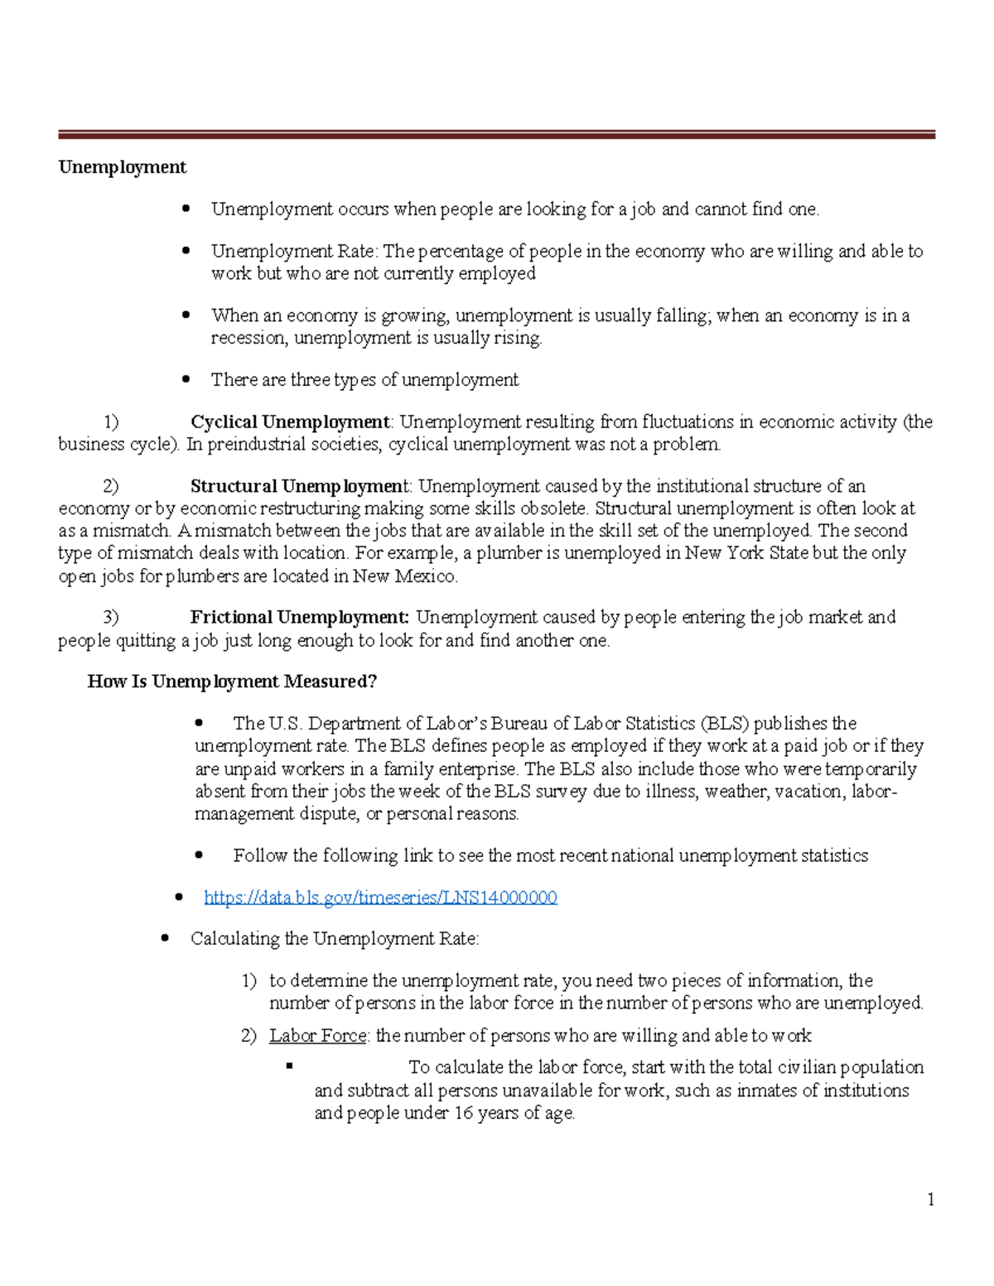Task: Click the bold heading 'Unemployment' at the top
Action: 122,167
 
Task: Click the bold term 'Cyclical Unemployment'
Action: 290,422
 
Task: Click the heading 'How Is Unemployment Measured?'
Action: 232,682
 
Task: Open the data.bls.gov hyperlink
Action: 380,898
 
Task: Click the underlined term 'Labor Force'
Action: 317,1036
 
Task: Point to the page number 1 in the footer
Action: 931,1200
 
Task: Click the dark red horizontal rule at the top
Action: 496,134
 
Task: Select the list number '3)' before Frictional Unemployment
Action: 111,618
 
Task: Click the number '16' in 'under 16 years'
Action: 463,1114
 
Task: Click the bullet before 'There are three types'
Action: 186,380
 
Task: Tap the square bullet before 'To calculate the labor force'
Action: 289,1067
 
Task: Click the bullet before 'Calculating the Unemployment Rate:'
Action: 165,939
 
